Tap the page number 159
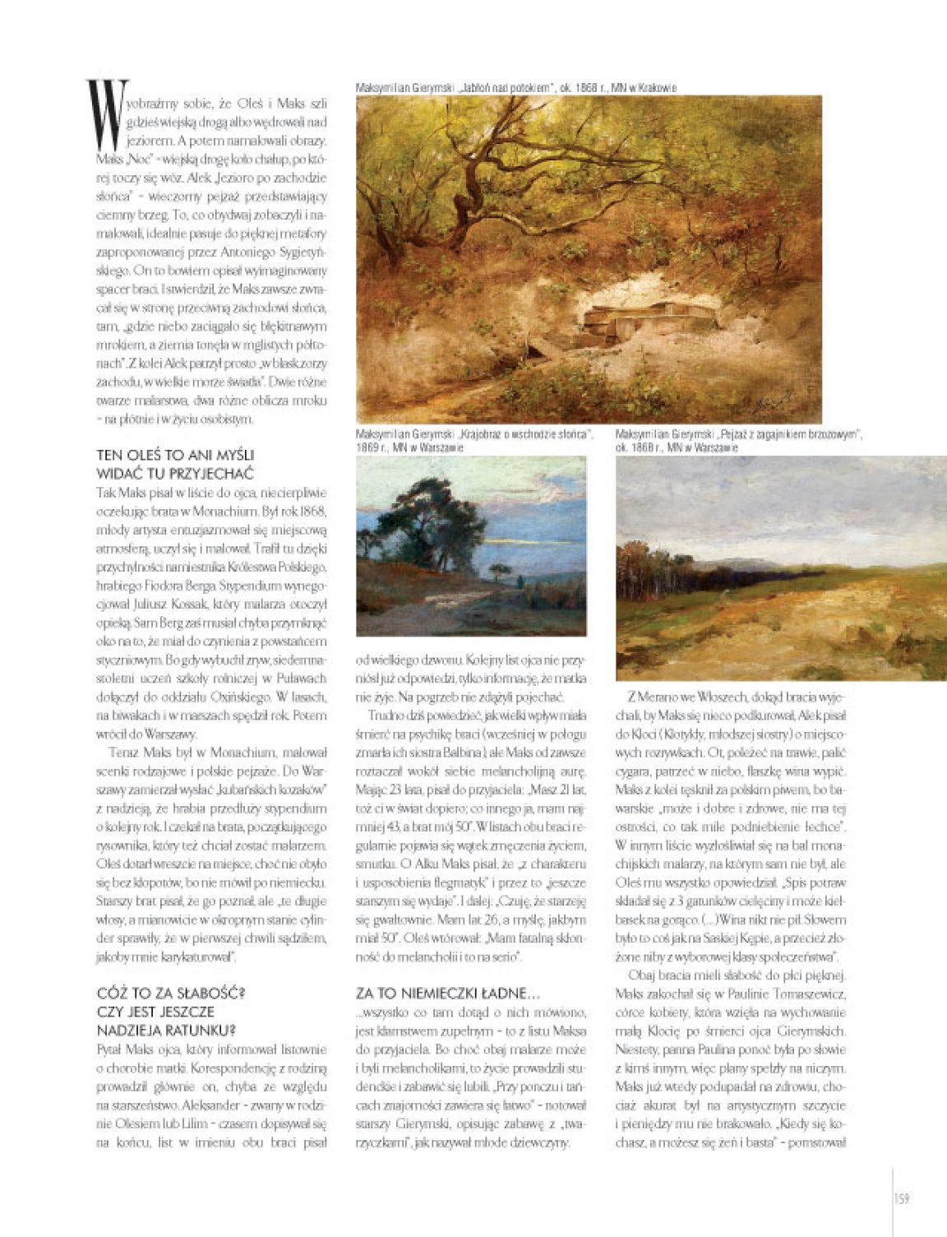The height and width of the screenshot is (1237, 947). point(902,1199)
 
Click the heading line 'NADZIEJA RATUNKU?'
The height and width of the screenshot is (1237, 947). point(166,1031)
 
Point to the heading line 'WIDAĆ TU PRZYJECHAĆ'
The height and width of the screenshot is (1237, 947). point(175,474)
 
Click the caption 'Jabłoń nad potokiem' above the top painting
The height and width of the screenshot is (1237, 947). point(516,87)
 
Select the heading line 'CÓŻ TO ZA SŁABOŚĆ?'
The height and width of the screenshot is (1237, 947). point(171,993)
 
